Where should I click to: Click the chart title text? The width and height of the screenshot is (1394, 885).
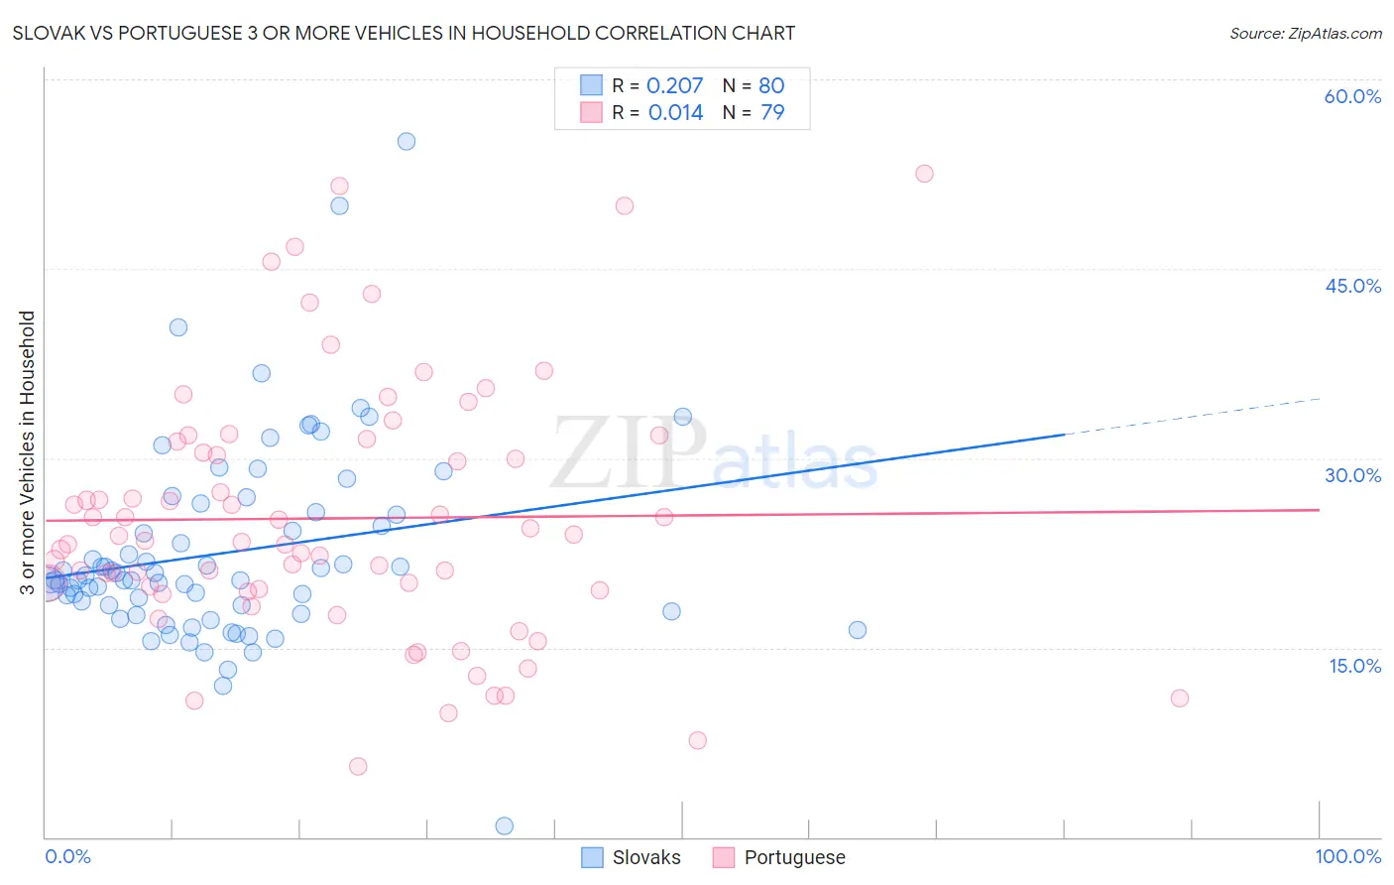pos(404,34)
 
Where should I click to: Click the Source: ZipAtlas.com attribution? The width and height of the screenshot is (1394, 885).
pos(1305,34)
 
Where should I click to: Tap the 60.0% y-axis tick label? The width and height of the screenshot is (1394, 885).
pos(1352,96)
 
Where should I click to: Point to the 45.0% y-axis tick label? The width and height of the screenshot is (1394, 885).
pos(1352,286)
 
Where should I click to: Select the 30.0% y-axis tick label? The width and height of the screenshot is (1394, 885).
pos(1352,475)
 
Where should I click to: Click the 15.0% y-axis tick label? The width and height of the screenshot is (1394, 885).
pos(1354,666)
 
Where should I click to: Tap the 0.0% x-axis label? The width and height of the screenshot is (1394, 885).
pos(67,856)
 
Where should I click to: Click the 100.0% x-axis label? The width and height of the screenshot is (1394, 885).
pos(1347,856)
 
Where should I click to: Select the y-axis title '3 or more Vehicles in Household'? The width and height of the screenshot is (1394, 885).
pos(28,452)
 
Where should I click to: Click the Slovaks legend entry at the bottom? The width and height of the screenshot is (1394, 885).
pos(632,857)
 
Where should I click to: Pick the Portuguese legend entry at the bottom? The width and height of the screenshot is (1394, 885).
pos(779,857)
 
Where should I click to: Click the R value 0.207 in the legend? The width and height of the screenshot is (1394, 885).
pos(674,86)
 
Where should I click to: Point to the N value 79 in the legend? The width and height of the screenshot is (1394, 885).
pos(772,113)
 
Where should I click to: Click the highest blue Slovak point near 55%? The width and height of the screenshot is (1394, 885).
pos(407,141)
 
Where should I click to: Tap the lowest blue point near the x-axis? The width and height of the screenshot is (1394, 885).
pos(504,825)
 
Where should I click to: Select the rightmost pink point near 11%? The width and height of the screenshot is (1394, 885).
pos(1179,697)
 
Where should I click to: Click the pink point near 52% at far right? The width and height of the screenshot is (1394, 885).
pos(924,174)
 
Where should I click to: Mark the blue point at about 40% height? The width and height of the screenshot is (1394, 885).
pos(178,327)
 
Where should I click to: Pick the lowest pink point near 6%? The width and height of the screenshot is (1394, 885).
pos(358,766)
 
